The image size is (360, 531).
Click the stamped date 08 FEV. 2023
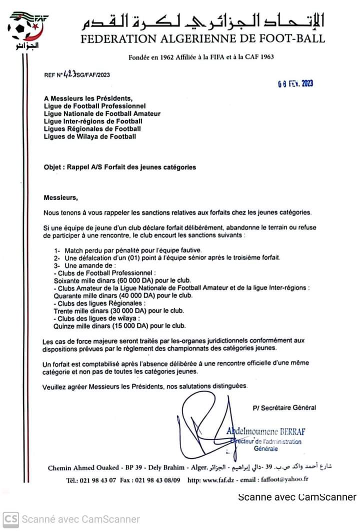(295, 84)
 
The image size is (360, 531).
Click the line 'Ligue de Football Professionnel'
(95, 106)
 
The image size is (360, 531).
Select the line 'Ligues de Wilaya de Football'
(89, 136)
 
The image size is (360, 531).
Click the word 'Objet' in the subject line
(53, 167)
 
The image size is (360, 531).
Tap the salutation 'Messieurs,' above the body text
(60, 197)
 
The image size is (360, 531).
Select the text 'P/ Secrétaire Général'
(284, 407)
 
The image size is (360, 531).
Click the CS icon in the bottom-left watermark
(11, 519)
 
